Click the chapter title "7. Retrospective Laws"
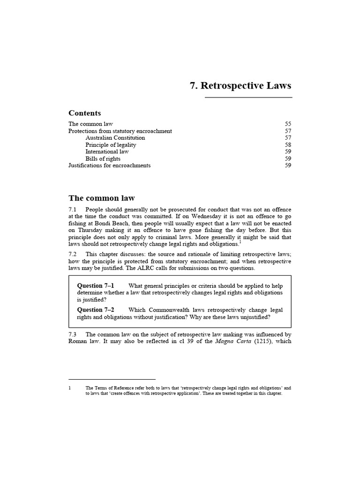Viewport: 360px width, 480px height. [x=240, y=86]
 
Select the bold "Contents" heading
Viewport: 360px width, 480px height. [x=84, y=113]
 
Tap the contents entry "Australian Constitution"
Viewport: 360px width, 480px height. [x=115, y=138]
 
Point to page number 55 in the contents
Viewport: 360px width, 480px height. [x=288, y=124]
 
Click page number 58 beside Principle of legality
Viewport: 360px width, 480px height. [x=288, y=145]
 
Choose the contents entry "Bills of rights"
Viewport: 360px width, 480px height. [x=103, y=158]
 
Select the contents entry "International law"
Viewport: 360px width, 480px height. [x=107, y=152]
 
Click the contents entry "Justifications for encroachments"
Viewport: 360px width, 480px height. [x=109, y=165]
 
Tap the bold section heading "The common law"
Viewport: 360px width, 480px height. [x=101, y=198]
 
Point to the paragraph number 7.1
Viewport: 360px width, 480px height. [x=73, y=209]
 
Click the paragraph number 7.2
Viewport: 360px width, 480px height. [x=73, y=254]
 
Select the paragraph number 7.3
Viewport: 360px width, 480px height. [x=73, y=335]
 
